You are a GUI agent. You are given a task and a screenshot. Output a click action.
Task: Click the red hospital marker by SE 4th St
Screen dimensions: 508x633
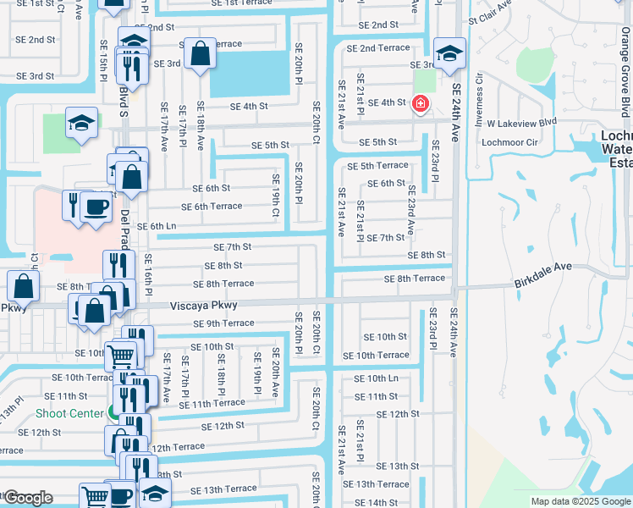pos(419,104)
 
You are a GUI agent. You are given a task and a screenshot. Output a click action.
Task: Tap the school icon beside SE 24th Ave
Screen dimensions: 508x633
pos(449,52)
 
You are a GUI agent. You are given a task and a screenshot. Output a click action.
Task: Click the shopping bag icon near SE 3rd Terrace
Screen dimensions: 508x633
pos(200,55)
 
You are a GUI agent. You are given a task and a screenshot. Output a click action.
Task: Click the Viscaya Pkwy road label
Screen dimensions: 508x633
pos(204,305)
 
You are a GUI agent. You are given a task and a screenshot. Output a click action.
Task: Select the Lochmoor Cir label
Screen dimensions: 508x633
pos(509,142)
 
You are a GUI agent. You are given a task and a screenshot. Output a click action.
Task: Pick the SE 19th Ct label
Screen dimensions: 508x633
pos(275,195)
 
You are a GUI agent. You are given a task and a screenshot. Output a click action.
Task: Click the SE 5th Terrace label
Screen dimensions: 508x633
pos(378,165)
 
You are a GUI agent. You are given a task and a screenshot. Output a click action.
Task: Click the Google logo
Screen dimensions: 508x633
pos(28,498)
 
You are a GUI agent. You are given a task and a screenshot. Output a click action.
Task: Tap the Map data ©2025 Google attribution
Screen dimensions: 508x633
pos(580,501)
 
